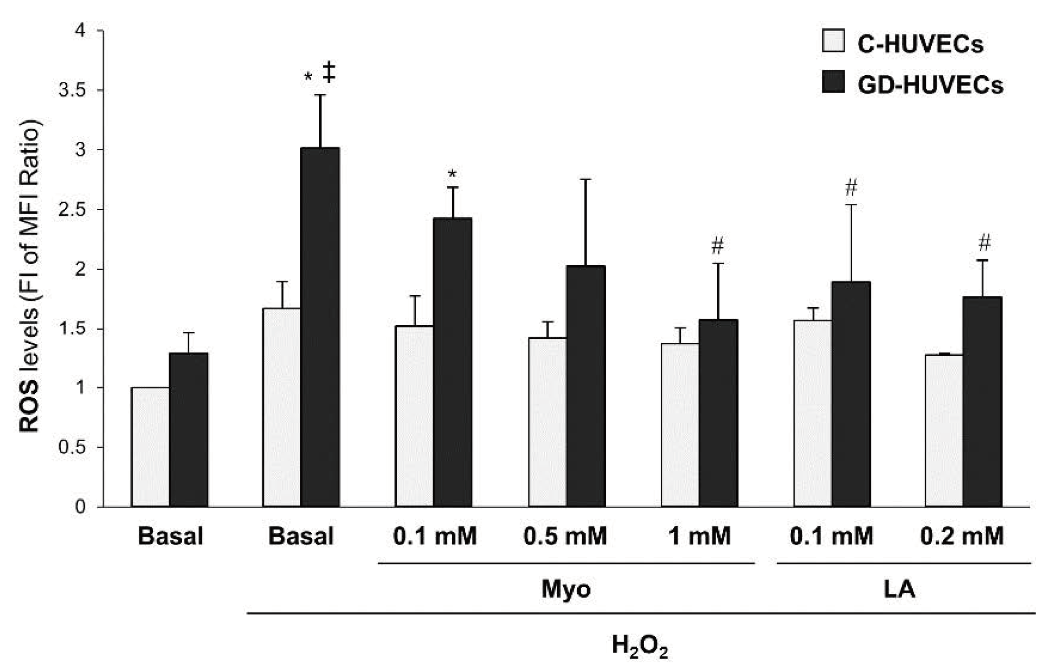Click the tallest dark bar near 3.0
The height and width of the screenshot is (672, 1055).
pos(320,326)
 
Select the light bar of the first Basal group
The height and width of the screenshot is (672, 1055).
pos(150,447)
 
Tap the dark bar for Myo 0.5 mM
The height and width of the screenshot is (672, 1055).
pos(586,386)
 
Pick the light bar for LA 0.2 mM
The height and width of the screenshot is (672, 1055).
pos(944,430)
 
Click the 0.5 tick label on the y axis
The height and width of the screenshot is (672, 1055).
pos(73,447)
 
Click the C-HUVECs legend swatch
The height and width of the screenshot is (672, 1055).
pos(834,41)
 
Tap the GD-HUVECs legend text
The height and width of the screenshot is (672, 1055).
pos(930,84)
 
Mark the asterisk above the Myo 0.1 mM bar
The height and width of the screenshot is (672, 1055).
pos(452,174)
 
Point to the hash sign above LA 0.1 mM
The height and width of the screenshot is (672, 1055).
pos(851,188)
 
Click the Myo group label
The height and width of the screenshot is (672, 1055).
pos(566,589)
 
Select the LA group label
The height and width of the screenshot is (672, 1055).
pos(900,589)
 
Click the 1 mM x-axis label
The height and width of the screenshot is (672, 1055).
pos(699,536)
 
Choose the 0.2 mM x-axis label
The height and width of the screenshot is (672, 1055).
pos(962,536)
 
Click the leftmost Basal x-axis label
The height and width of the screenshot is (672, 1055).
pos(170,536)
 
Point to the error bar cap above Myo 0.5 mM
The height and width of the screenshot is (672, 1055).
pos(586,179)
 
